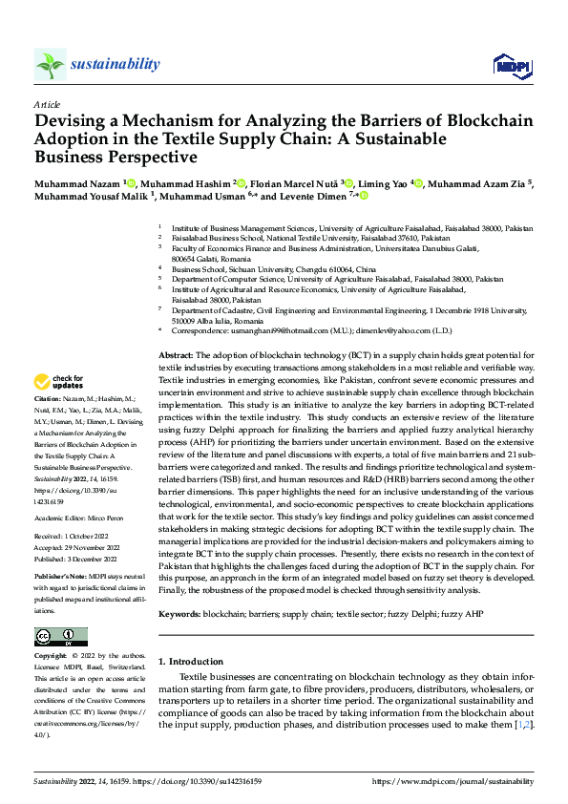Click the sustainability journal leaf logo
(50, 64)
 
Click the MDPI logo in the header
(510, 64)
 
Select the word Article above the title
(46, 104)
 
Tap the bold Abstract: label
(177, 353)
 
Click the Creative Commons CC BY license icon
(60, 637)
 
